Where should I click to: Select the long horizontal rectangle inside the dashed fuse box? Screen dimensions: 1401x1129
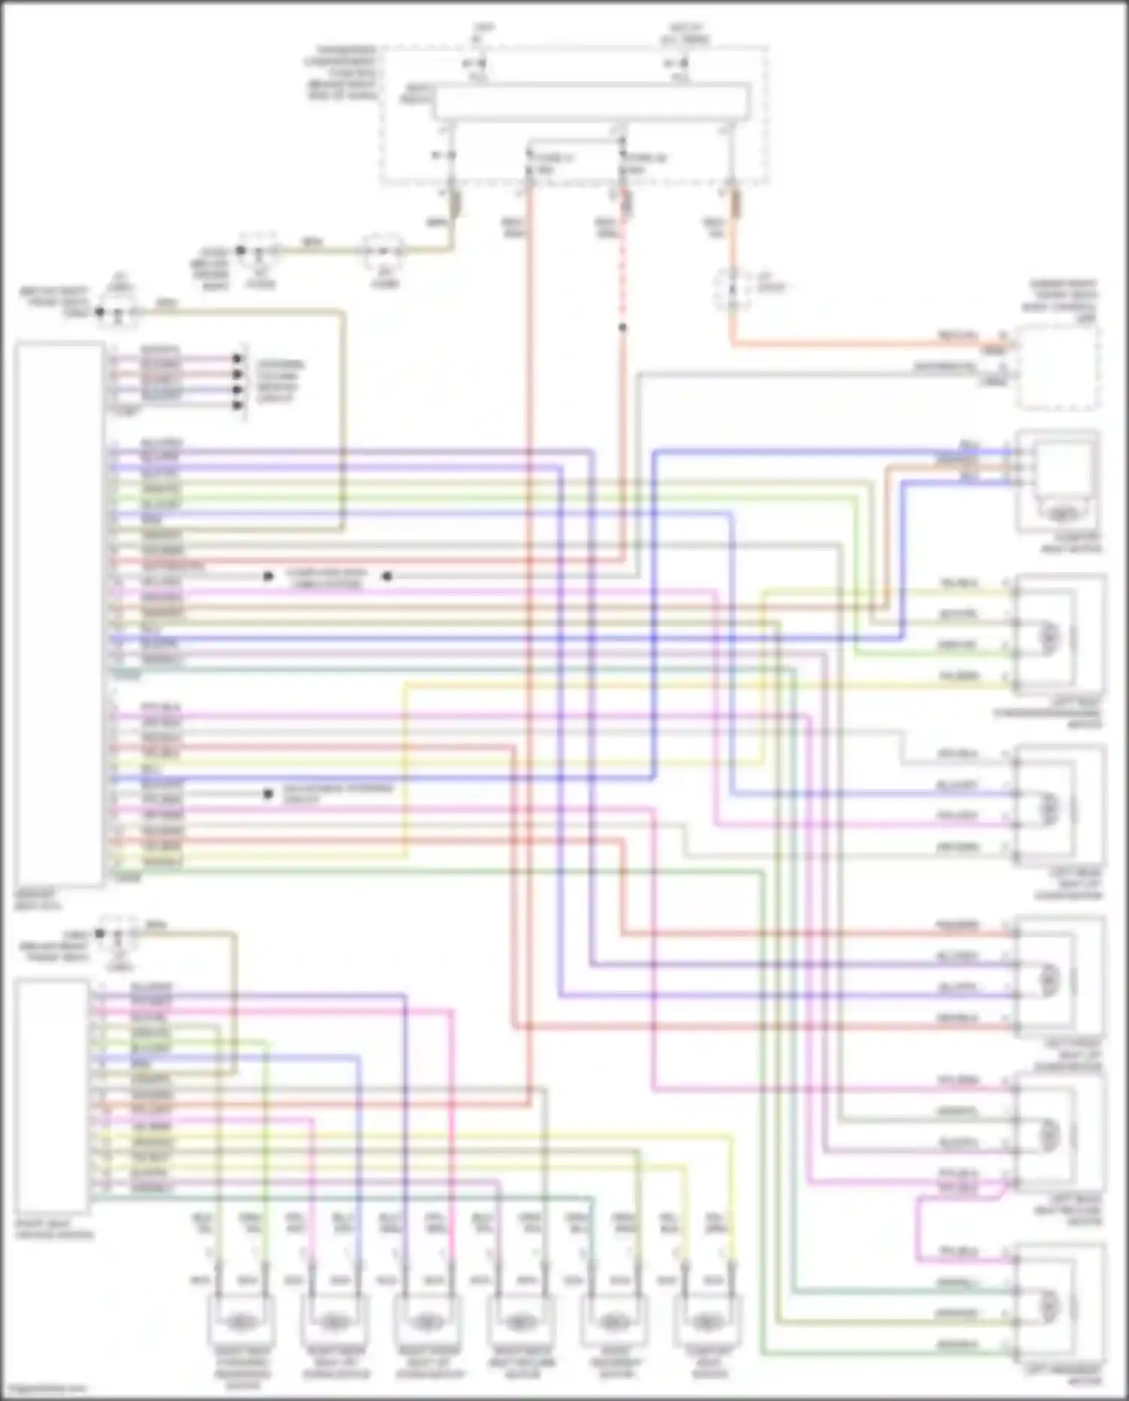coord(591,102)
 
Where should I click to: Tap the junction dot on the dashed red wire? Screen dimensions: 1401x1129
coord(622,327)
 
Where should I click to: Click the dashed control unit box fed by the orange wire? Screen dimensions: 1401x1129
coord(1057,368)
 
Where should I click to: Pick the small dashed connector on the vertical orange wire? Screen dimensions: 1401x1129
coord(732,289)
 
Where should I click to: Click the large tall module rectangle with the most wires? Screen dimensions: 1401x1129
coord(59,614)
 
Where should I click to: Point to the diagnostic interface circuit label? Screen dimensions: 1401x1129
coord(338,793)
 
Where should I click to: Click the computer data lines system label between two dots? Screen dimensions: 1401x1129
coord(327,577)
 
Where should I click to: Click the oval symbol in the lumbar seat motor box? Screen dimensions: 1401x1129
coord(1061,514)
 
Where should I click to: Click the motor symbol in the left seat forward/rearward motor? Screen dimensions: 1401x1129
coord(1048,637)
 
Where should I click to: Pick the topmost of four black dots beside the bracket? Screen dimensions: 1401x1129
coord(238,358)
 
